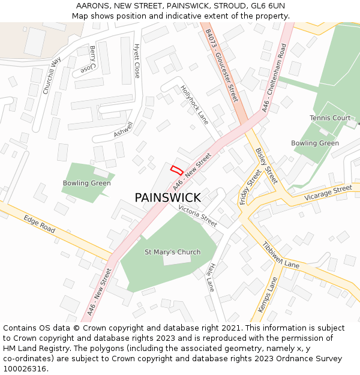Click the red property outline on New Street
point(176,170)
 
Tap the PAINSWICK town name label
point(167,197)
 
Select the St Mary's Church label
point(172,252)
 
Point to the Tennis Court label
point(330,118)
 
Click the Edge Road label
point(40,225)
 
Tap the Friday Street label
point(250,187)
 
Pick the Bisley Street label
point(266,166)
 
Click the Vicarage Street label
point(328,193)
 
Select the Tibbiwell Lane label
point(281,256)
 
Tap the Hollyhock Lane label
point(194,104)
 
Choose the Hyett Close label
point(137,61)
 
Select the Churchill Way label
point(52,76)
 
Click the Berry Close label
point(88,59)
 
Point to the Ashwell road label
point(123,129)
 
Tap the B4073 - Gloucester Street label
point(221,65)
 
